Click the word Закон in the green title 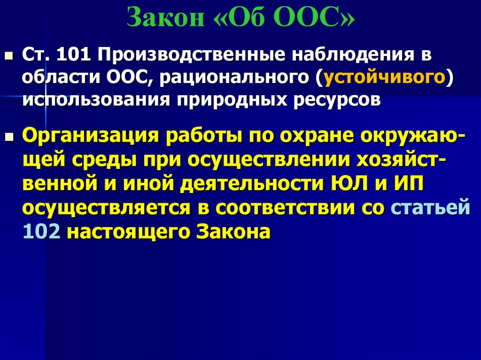165,18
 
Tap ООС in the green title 308,18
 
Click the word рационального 235,77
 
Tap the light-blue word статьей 431,208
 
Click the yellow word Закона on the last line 233,231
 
